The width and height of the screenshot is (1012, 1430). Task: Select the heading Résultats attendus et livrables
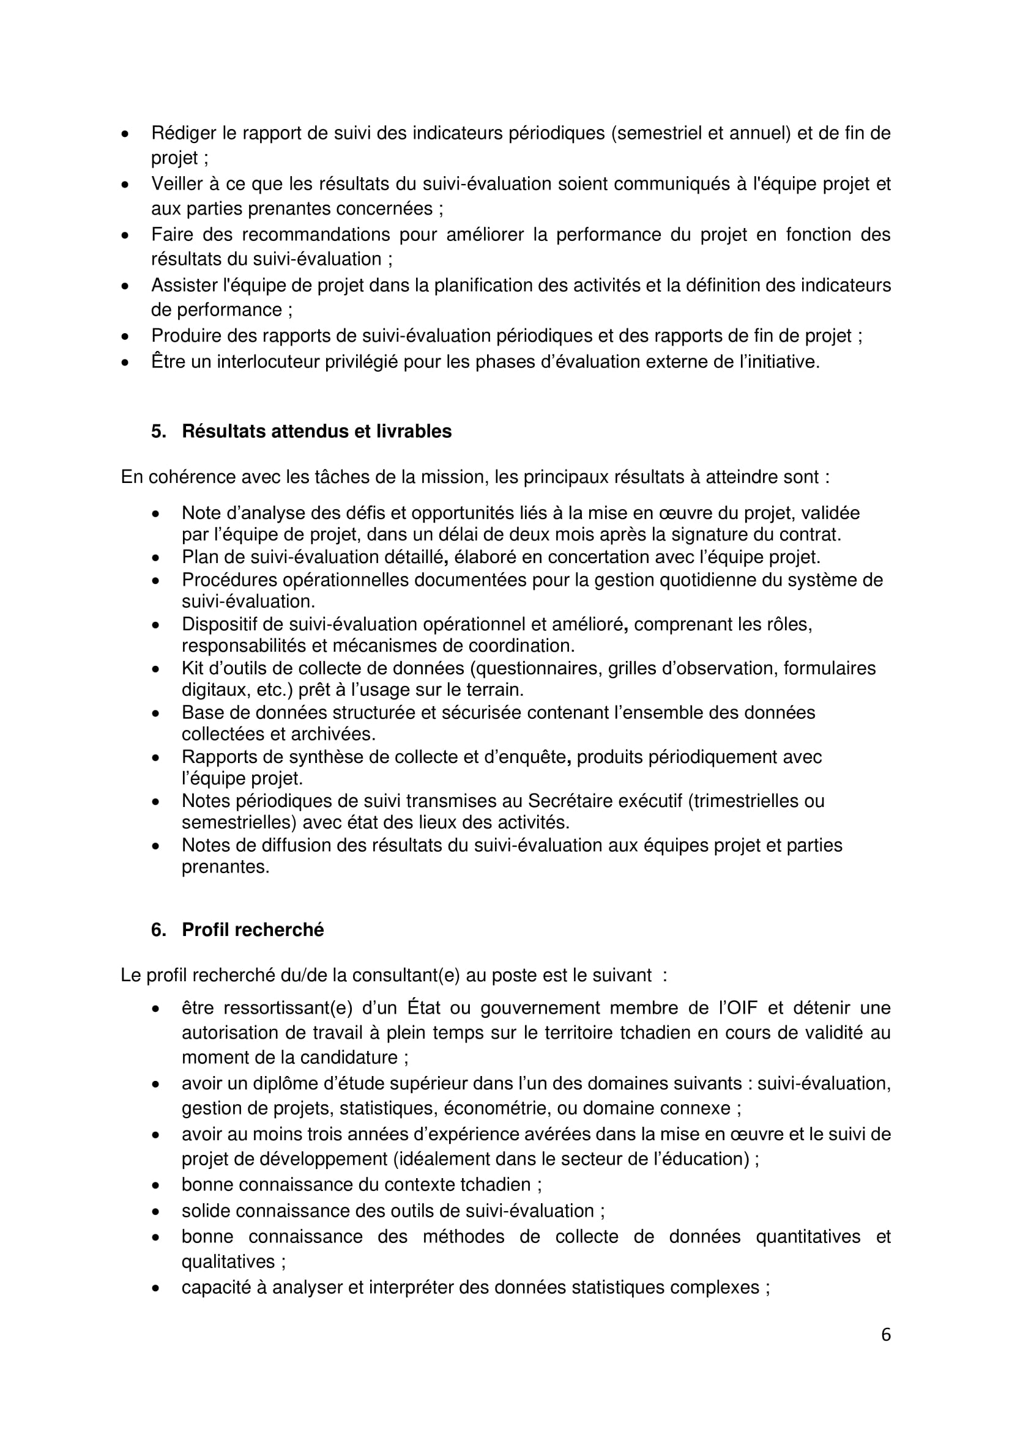pyautogui.click(x=316, y=432)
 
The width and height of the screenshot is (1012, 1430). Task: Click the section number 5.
pyautogui.click(x=158, y=432)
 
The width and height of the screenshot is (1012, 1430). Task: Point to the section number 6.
pyautogui.click(x=158, y=930)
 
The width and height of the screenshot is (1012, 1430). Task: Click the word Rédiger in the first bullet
pyautogui.click(x=184, y=133)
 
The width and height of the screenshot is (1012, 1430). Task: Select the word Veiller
pyautogui.click(x=180, y=184)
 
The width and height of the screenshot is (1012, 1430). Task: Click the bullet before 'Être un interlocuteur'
pyautogui.click(x=126, y=362)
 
